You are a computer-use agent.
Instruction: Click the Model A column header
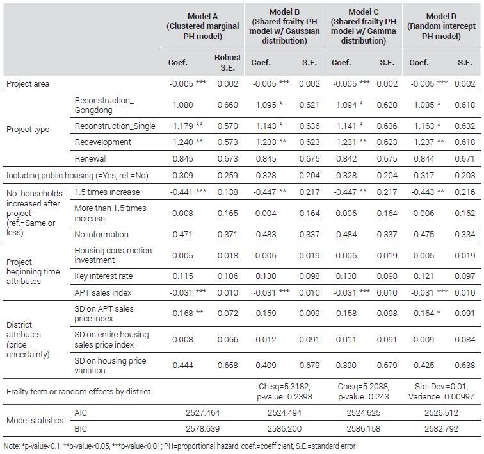point(203,26)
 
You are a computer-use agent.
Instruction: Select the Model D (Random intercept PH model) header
point(441,26)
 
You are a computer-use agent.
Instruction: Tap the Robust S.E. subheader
point(227,62)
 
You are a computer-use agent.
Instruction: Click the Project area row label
point(28,84)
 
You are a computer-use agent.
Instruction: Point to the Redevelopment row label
point(103,142)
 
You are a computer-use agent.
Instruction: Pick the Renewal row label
point(90,158)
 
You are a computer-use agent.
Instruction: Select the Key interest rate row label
point(104,276)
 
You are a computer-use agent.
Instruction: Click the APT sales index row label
point(103,292)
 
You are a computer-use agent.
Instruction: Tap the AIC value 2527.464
point(203,412)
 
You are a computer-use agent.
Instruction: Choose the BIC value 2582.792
point(441,428)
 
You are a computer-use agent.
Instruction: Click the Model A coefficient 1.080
point(182,105)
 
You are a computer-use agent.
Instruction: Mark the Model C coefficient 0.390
point(346,366)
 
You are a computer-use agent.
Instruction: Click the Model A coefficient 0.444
point(182,366)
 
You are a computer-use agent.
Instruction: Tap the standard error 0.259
point(227,175)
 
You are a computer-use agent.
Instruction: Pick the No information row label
point(101,235)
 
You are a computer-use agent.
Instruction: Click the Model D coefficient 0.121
point(424,276)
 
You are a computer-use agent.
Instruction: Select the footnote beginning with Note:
point(180,446)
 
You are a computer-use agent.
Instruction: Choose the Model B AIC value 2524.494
point(284,412)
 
